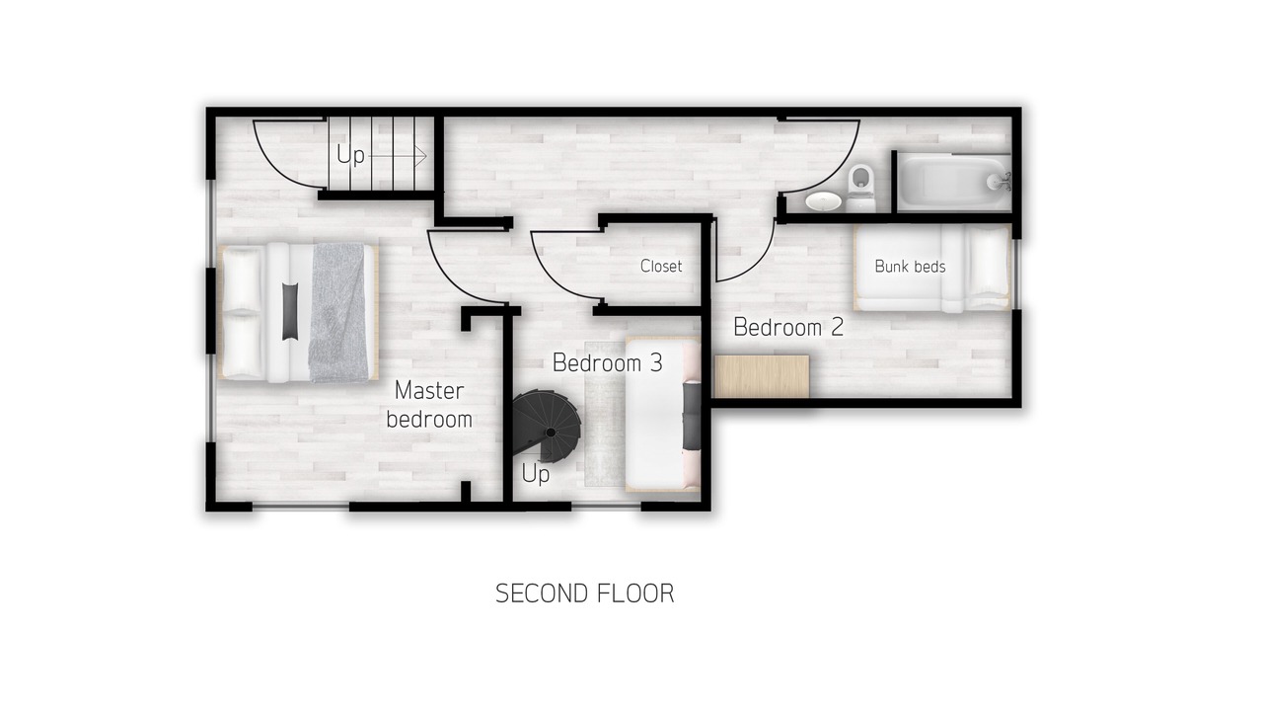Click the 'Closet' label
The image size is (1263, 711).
coord(661,266)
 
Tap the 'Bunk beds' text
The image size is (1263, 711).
coord(910,267)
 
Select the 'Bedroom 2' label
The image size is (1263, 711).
coord(788,327)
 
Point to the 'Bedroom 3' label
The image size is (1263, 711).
coord(607,362)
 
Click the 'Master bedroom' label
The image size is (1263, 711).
coord(429,405)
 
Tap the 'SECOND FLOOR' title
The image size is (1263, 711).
coord(585,593)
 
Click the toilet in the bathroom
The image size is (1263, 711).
coord(861,188)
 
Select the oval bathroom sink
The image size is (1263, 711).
coord(823,200)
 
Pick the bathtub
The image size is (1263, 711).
coord(954,183)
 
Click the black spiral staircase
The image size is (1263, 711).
coord(546,427)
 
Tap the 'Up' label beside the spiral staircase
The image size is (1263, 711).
coord(535,474)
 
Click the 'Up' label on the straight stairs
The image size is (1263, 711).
coord(350,155)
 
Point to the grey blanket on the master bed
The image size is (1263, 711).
coord(337,312)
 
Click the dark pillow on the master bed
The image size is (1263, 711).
coord(290,311)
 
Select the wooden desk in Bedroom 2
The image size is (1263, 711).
coord(762,376)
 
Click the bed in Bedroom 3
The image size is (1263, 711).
coord(663,414)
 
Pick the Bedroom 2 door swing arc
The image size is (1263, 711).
coord(757,264)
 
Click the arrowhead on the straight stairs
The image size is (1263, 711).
coord(421,155)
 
